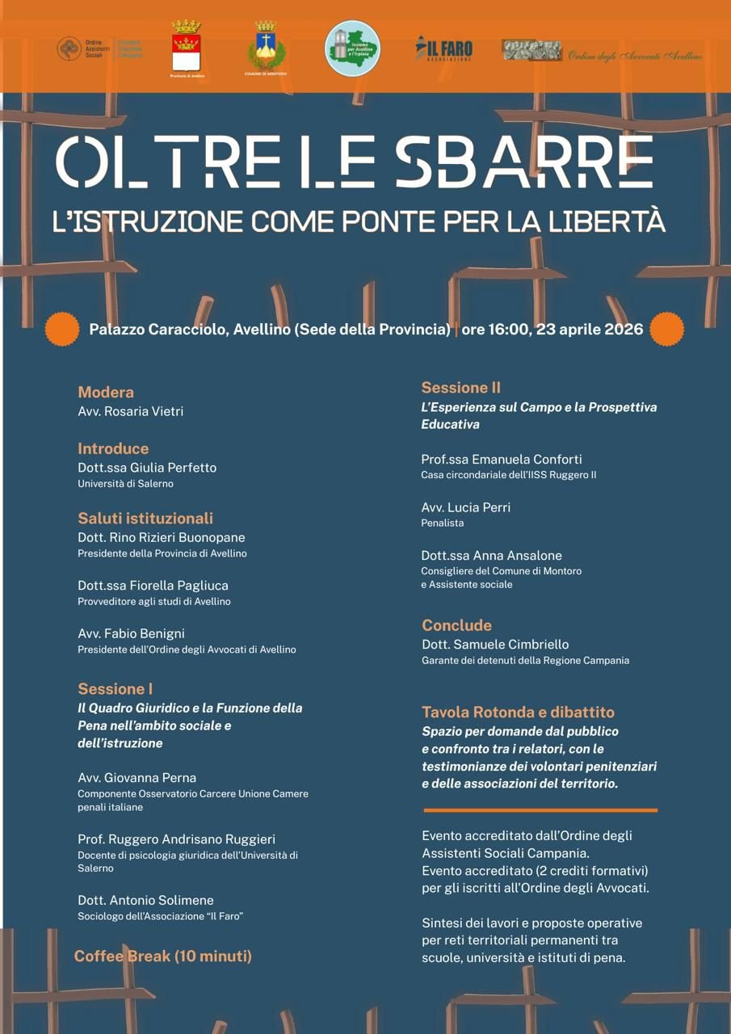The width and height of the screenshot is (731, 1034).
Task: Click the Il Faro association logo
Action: [x=443, y=48]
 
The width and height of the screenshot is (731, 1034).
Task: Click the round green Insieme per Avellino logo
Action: [x=352, y=48]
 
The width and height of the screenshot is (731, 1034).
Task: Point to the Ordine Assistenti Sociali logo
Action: [x=99, y=48]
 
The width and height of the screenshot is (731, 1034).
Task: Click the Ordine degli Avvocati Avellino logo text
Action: [x=635, y=56]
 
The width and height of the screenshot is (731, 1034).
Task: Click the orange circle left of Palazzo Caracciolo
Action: [x=61, y=329]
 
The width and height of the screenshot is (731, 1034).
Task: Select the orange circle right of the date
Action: [x=666, y=329]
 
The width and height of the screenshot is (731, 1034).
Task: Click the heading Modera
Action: [x=106, y=393]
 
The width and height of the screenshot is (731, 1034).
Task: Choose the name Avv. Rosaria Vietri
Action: [x=130, y=411]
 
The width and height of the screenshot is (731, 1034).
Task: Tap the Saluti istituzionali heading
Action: [x=145, y=519]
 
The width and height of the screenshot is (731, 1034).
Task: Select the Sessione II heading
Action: [x=460, y=388]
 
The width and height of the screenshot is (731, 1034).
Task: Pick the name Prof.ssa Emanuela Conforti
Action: [x=501, y=460]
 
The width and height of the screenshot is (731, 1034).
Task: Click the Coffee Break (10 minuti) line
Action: [x=163, y=956]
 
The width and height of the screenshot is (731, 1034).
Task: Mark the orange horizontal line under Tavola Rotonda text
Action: [x=540, y=810]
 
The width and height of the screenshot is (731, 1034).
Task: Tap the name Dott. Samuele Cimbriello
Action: [x=494, y=645]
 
